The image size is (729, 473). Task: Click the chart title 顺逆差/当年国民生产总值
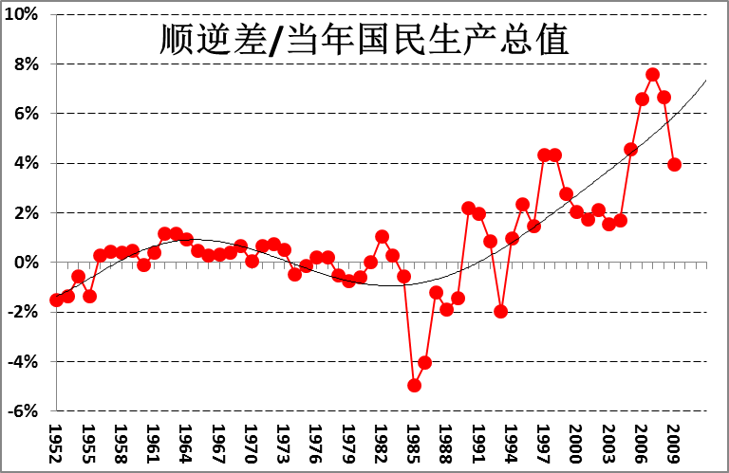(x=364, y=41)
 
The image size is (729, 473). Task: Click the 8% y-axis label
(x=25, y=64)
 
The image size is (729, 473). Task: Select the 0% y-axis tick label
(x=25, y=263)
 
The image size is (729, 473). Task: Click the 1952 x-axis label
(x=56, y=442)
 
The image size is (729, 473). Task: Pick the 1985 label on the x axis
(x=414, y=442)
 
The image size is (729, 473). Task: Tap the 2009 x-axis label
(x=674, y=442)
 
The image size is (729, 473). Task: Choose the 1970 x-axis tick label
(x=252, y=442)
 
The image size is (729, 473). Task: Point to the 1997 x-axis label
(x=544, y=442)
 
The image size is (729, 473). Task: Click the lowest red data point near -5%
(x=414, y=385)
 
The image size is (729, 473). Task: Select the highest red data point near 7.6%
(x=653, y=74)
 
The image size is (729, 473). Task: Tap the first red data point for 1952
(x=56, y=300)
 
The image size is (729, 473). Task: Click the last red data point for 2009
(x=674, y=164)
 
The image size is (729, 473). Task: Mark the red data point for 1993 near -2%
(x=501, y=311)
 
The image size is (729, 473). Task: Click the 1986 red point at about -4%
(x=425, y=362)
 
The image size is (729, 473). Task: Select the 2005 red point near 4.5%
(x=631, y=149)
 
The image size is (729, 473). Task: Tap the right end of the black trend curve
(x=706, y=81)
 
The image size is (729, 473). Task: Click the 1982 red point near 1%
(x=382, y=236)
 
